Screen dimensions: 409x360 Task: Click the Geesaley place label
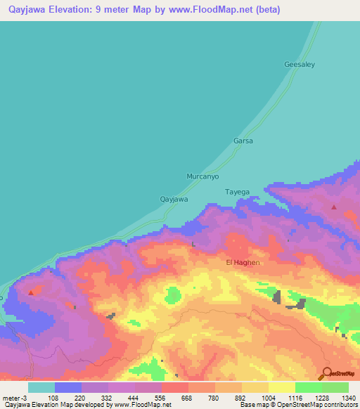click(x=300, y=64)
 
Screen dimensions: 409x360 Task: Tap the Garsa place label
click(x=243, y=141)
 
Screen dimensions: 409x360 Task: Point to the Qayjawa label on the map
click(x=174, y=199)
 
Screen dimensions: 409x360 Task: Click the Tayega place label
click(x=237, y=192)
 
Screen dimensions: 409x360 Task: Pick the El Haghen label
click(x=243, y=262)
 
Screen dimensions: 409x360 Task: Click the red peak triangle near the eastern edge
click(x=334, y=207)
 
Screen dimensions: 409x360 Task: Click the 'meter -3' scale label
click(x=14, y=397)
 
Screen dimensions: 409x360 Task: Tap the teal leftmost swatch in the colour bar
click(x=41, y=387)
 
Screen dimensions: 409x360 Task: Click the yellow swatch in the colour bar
click(x=282, y=387)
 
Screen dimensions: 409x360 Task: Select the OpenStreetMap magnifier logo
click(x=327, y=372)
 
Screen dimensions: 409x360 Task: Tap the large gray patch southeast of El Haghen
click(x=277, y=297)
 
